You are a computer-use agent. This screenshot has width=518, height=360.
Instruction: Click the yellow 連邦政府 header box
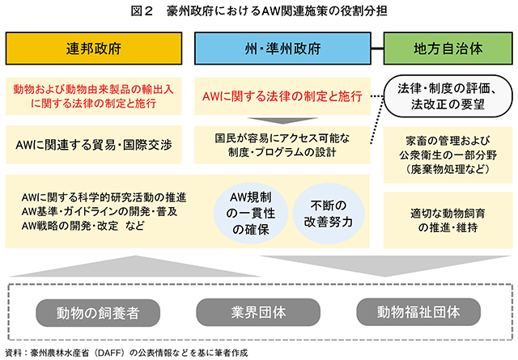94,49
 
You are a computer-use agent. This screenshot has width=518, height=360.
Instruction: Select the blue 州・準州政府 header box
282,49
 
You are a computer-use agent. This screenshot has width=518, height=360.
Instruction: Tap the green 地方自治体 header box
448,49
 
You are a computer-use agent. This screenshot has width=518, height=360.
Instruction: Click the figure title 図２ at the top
142,11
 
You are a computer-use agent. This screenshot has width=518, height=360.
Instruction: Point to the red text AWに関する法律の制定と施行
282,96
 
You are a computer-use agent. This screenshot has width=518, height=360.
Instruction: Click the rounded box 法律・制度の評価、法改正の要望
448,96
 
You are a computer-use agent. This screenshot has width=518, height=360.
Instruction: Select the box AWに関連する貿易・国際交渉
94,145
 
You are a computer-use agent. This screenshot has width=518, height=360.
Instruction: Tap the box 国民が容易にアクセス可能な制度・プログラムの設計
282,145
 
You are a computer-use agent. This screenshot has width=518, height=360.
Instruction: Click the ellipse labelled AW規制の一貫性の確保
251,214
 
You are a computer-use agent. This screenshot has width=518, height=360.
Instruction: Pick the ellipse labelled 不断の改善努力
329,214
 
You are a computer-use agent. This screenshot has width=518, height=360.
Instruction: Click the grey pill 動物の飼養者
98,313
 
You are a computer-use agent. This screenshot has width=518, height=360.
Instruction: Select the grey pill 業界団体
258,312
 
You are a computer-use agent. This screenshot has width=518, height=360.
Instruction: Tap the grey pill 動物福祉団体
418,311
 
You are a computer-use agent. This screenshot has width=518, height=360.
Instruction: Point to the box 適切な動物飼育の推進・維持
448,220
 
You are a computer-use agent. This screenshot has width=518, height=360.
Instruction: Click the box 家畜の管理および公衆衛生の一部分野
448,155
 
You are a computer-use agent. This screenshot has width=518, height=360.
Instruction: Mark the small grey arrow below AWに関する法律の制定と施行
282,121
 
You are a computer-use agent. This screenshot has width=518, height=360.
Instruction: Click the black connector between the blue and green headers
377,49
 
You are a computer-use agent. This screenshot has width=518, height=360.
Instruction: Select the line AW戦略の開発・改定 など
83,226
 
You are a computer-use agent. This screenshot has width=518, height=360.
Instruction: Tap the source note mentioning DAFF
126,353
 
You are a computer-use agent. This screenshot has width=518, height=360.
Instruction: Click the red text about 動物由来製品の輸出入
94,96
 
